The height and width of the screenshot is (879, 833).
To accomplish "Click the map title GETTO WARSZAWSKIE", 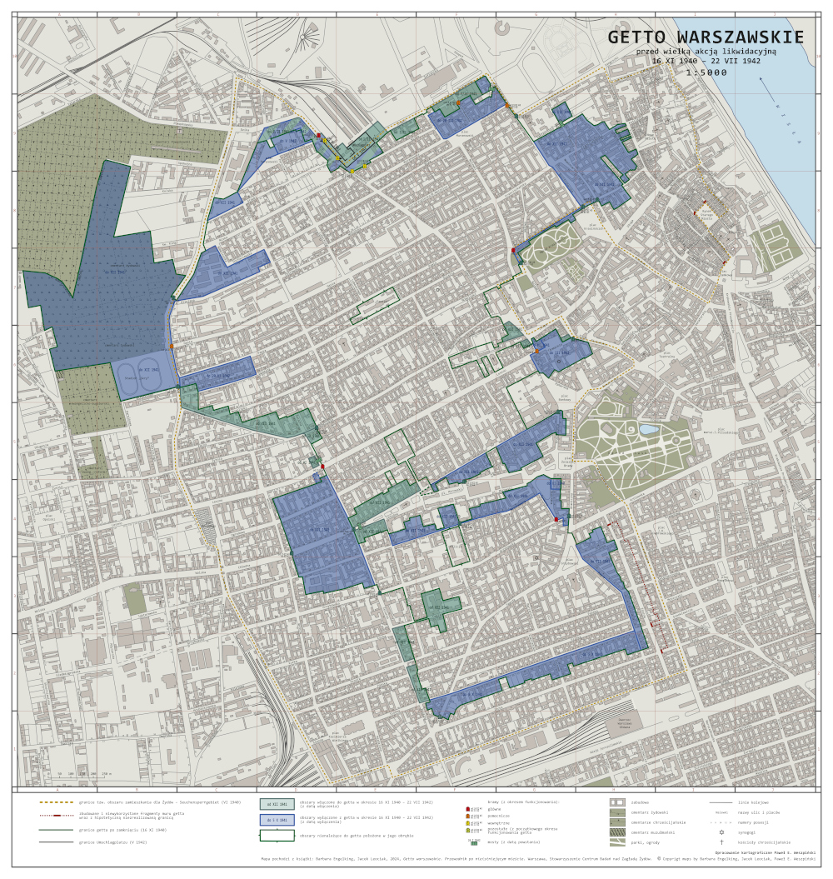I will click(706, 37).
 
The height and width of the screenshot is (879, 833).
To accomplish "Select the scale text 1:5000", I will click(706, 72).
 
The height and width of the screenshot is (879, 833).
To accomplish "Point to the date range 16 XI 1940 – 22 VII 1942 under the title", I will click(706, 61).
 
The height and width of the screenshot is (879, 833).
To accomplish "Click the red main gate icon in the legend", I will click(469, 808).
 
